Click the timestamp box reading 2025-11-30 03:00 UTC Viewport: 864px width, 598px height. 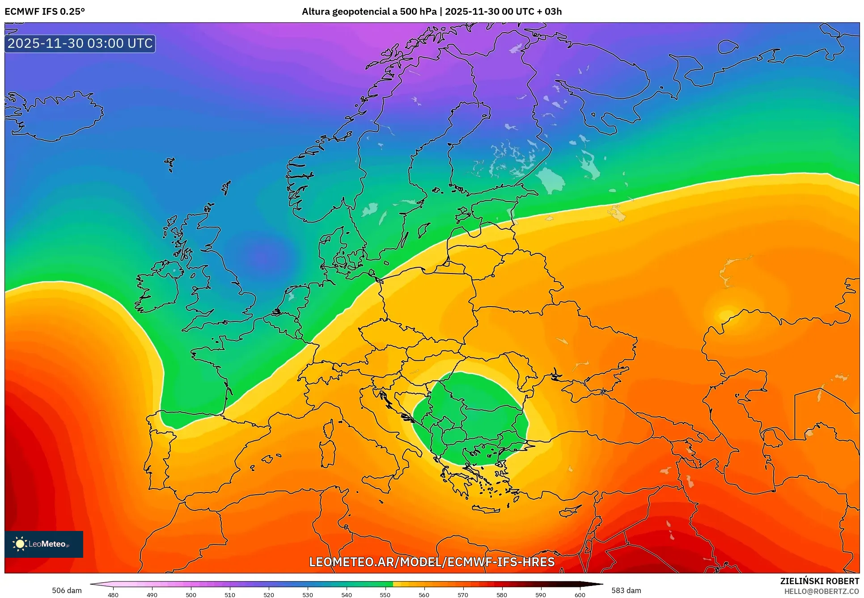click(80, 43)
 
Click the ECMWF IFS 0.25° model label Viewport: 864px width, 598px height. click(45, 12)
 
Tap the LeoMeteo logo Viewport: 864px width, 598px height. click(44, 544)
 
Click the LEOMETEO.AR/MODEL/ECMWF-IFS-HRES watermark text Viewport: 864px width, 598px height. click(432, 562)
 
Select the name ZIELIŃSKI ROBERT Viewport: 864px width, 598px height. click(819, 581)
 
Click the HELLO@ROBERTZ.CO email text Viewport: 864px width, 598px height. click(822, 591)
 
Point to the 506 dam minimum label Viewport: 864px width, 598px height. click(67, 590)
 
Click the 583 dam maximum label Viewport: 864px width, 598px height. click(626, 590)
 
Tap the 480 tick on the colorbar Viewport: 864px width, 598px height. click(113, 594)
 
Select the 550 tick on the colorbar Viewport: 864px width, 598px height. click(385, 594)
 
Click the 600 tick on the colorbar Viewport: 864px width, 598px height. click(580, 594)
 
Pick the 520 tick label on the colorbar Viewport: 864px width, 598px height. click(269, 594)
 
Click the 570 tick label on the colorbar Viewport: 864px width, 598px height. click(463, 594)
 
